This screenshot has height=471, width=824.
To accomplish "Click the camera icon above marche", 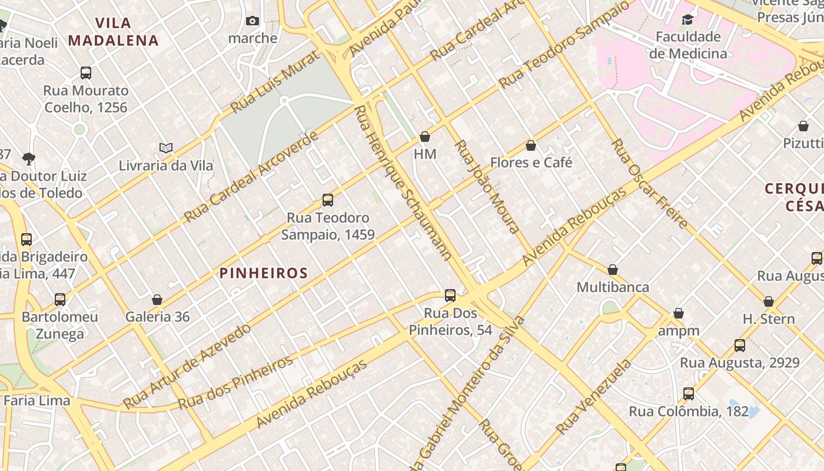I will pos(252,21).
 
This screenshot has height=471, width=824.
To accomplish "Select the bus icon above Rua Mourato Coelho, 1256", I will pos(86,73).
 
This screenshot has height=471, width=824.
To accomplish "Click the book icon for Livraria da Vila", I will pos(166,148).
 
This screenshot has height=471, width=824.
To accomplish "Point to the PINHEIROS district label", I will pos(264,273).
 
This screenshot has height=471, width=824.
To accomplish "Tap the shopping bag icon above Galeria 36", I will pos(157,300).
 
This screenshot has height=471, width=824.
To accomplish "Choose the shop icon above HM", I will pos(425,137).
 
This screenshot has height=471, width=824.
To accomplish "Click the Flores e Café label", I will pos(531,162).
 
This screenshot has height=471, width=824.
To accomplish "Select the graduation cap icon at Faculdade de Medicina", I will pos(687,20).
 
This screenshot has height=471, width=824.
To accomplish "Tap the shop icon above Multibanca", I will pos(613,270).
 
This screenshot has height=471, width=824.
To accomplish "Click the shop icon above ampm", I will pos(679,313).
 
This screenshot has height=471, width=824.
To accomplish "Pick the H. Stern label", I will pos(769,319).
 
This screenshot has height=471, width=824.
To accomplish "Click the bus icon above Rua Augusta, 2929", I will pos(740,346).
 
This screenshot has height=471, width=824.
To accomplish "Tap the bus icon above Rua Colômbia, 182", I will pos(689,394).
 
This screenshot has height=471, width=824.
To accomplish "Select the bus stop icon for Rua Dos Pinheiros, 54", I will pos(450,296).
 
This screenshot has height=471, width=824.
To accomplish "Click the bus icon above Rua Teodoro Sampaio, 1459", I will pos(328,200).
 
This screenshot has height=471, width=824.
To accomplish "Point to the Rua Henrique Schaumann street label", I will pos(404,183).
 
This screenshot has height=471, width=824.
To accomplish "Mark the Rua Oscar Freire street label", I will pos(649,184).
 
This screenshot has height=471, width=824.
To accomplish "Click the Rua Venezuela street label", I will pos(593,397).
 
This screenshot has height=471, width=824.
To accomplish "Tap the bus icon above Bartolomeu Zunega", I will pos(60,299).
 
